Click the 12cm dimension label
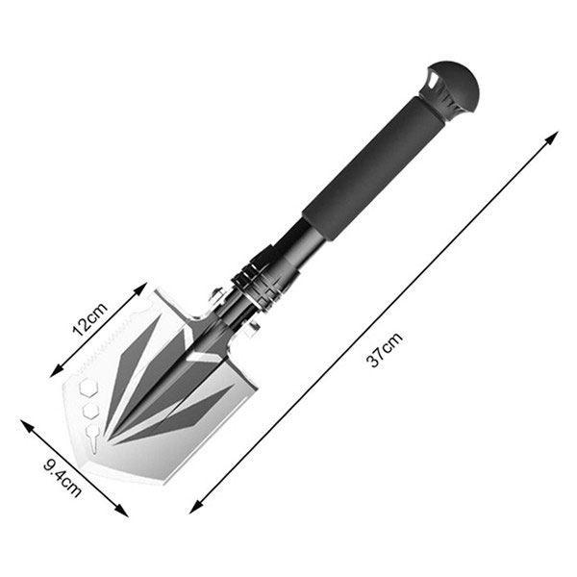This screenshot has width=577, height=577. pos(89,319)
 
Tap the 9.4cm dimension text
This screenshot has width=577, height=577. pos(63,478)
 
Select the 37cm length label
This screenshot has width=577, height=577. pos(384,349)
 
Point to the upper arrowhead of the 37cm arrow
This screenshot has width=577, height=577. pos(552,138)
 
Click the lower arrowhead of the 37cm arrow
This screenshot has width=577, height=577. pos(196,507)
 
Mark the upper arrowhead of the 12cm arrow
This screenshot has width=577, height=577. pos(141,288)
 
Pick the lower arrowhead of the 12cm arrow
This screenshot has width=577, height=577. pos(56,371)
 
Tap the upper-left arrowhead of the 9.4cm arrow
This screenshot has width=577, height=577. pos(27,426)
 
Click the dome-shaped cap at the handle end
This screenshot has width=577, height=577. pos(455,88)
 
